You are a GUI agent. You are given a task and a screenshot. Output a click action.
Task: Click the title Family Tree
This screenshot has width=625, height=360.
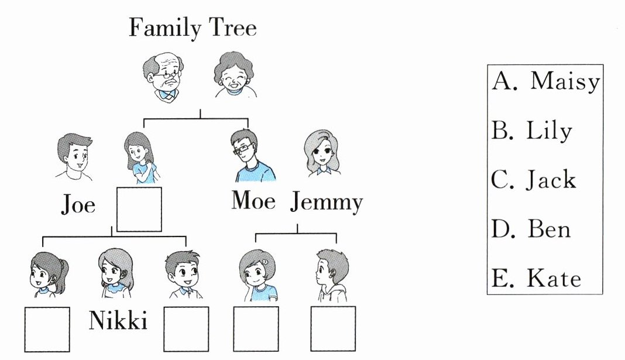(x=193, y=28)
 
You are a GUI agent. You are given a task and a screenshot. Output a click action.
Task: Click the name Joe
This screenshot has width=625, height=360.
(x=78, y=205)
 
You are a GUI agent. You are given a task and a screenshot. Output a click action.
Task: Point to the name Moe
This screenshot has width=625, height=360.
(x=253, y=201)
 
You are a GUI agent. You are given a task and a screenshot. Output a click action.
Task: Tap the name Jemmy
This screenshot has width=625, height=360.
(x=326, y=203)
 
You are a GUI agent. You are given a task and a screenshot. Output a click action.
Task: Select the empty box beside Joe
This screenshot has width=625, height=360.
(x=139, y=209)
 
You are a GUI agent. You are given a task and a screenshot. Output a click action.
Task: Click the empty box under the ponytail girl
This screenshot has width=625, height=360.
(x=47, y=329)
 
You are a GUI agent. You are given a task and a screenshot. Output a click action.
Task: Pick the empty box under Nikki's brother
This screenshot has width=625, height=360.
(x=186, y=329)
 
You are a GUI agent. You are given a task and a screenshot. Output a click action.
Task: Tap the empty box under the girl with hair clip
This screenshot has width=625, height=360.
(x=256, y=329)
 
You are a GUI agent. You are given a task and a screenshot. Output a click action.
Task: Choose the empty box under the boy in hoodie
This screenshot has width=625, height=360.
(x=332, y=329)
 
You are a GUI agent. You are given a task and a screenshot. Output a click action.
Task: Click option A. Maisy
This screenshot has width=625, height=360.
(x=545, y=82)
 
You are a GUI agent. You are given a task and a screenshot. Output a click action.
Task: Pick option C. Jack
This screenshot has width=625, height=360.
(x=534, y=180)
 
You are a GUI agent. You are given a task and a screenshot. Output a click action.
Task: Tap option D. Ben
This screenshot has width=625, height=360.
(x=531, y=229)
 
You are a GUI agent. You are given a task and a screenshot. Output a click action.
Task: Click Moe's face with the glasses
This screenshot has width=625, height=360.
(x=245, y=149)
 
